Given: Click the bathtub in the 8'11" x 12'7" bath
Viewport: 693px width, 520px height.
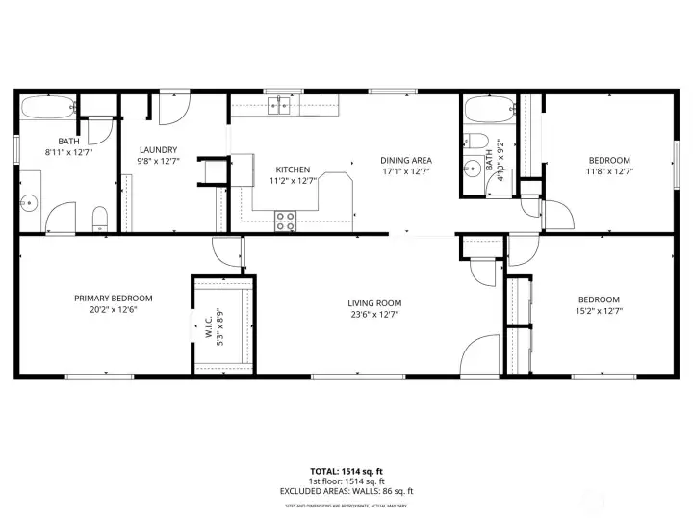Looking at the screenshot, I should (x=47, y=106).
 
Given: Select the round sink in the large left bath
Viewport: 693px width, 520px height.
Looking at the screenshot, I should (x=30, y=202).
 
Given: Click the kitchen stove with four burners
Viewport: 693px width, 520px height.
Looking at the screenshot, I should (x=286, y=221).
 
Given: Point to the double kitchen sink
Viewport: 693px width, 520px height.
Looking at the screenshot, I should (x=280, y=105).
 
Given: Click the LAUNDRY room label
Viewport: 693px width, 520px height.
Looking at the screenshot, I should (x=157, y=149).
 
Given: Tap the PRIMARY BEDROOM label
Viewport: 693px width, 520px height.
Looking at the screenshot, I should (x=113, y=298).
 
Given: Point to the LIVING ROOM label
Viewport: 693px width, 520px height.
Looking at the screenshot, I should (x=373, y=303).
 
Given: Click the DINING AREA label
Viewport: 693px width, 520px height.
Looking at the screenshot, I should (x=405, y=160).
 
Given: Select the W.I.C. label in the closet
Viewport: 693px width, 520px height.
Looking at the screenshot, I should (x=207, y=326).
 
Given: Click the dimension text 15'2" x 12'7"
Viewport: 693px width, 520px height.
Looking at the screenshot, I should (x=598, y=310).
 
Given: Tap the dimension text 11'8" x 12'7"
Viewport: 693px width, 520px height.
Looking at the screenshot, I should (x=609, y=171).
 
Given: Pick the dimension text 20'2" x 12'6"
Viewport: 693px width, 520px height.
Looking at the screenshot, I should (x=113, y=309).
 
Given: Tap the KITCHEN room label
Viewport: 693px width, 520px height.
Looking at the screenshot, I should (x=292, y=169).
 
